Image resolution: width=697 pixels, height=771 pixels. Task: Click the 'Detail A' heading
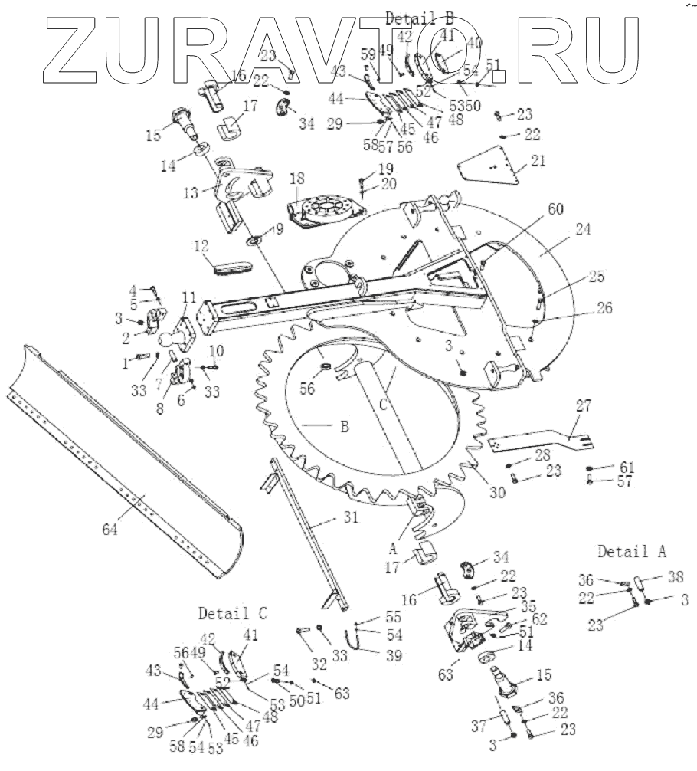tap(632, 551)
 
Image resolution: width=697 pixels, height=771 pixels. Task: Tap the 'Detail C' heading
tap(233, 613)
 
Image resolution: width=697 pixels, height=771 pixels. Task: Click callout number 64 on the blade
tap(112, 529)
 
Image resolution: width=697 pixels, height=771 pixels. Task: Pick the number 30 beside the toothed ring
tap(498, 494)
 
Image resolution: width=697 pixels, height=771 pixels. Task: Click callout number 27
tap(584, 406)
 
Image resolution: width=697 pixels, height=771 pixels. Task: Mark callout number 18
tap(297, 179)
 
